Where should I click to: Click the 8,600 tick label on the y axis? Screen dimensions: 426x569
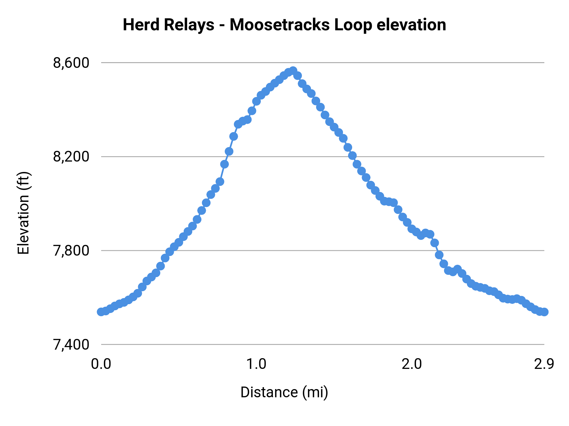point(71,63)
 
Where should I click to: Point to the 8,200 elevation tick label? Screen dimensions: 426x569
point(71,157)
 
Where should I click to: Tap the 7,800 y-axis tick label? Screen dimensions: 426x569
point(71,251)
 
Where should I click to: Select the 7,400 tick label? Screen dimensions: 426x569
point(71,345)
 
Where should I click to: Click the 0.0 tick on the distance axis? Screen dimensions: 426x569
point(101,364)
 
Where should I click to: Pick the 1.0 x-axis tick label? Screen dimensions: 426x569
point(256,364)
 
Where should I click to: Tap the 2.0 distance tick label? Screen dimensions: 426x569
point(412,364)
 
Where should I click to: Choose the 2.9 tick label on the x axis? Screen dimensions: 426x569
point(544,364)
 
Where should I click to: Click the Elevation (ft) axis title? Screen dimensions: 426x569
point(23,213)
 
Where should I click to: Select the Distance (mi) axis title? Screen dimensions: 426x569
point(284,392)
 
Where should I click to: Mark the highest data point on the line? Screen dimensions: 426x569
point(293,71)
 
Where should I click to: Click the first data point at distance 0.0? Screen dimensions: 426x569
point(101,312)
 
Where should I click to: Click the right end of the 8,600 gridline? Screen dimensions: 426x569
point(543,63)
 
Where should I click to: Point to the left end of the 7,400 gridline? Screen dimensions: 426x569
point(102,345)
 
